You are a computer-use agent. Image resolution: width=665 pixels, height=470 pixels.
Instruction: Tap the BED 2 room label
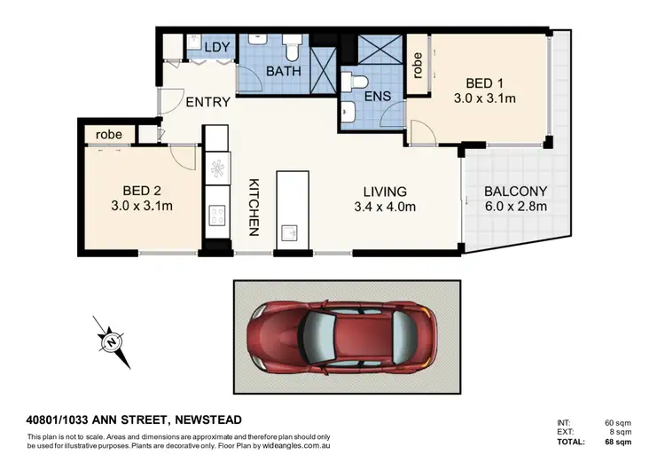click(x=140, y=190)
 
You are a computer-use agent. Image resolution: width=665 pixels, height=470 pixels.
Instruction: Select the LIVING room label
click(x=384, y=191)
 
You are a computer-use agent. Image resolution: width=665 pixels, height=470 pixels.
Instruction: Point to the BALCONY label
click(x=515, y=191)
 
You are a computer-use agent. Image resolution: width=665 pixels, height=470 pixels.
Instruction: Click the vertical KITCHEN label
click(x=253, y=207)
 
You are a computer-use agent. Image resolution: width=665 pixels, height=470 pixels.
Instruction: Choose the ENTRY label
click(x=207, y=102)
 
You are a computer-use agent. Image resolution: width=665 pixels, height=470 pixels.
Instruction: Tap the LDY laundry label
click(x=217, y=47)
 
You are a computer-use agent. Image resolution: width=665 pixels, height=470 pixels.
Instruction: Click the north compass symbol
click(x=111, y=341)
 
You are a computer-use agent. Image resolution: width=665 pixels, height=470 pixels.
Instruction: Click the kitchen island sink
click(x=290, y=232)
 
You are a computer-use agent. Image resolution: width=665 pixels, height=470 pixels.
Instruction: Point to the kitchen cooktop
click(x=215, y=214)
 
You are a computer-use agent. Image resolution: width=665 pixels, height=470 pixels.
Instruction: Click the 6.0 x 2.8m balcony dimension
click(x=515, y=207)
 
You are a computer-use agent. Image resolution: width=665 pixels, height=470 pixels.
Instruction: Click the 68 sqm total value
click(x=619, y=441)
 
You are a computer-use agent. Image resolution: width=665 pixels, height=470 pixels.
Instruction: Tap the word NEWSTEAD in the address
click(x=207, y=419)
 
